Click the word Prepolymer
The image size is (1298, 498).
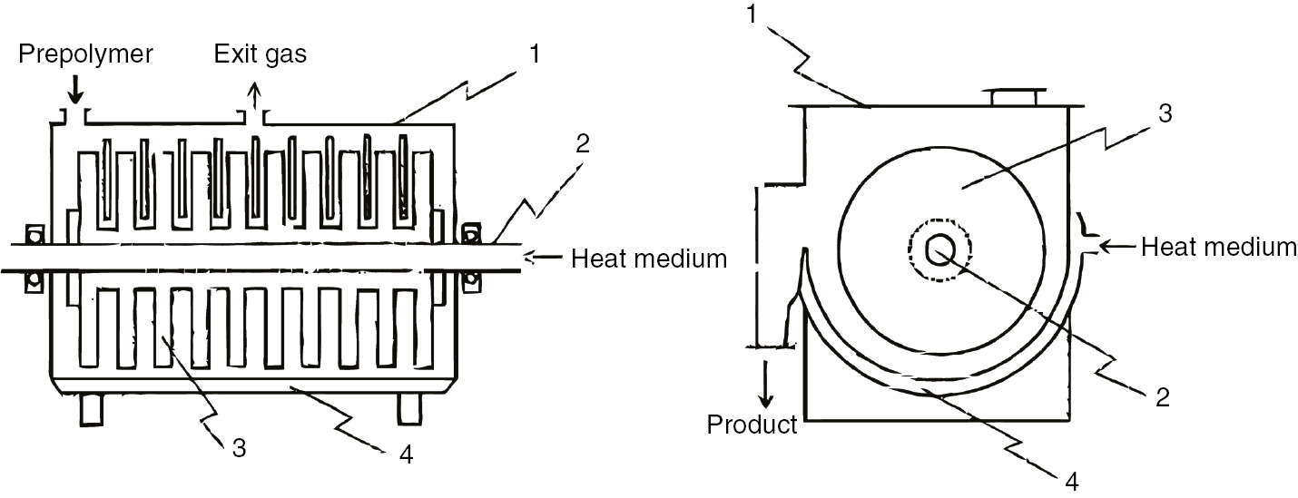[86, 54]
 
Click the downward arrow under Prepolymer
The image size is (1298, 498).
[76, 89]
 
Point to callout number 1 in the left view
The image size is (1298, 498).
[535, 54]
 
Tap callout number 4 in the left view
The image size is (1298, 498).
[406, 455]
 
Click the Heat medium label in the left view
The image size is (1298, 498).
[648, 259]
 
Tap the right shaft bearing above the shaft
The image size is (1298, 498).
[471, 235]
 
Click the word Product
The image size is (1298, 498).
[752, 424]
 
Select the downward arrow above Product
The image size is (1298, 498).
[767, 380]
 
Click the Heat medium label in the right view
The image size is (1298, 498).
[1218, 246]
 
